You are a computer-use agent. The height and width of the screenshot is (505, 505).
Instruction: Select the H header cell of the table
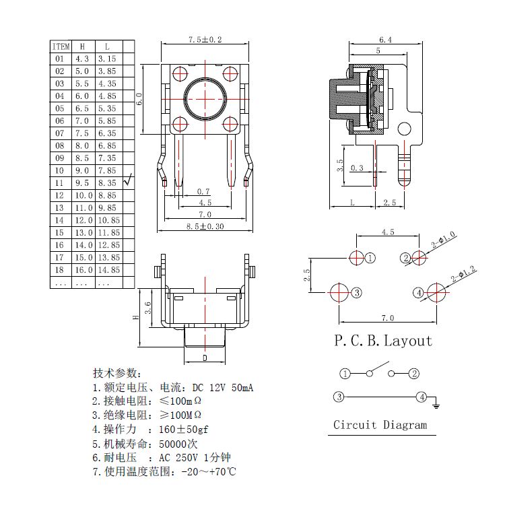click(82, 46)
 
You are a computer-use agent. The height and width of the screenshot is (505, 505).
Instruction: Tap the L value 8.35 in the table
click(107, 182)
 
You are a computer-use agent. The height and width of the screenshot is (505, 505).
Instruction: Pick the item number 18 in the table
click(59, 269)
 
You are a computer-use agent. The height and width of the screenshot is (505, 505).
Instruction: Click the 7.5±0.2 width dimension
click(205, 40)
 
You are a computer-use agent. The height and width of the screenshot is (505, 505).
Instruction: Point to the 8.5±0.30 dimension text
click(205, 226)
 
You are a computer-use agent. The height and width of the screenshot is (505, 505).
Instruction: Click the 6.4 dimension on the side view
click(385, 40)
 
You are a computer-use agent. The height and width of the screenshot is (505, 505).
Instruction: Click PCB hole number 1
click(357, 257)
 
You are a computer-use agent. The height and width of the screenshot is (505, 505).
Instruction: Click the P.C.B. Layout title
click(383, 341)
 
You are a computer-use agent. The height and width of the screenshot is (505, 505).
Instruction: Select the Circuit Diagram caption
click(380, 425)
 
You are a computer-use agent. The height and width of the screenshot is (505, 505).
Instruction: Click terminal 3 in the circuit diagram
click(339, 397)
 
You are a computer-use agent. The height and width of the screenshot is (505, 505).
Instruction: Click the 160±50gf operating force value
click(183, 429)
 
